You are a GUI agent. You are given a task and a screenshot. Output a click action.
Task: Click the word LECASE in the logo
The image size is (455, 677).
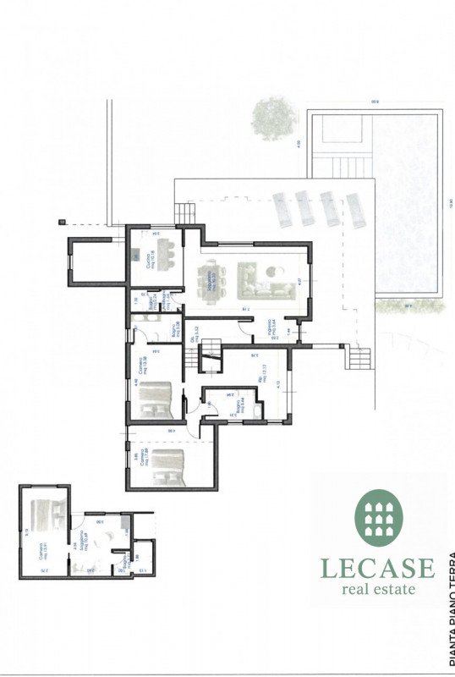376,568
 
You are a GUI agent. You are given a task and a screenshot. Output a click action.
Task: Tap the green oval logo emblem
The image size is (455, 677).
380,518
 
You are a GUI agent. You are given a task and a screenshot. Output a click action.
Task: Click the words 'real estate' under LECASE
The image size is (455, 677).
376,589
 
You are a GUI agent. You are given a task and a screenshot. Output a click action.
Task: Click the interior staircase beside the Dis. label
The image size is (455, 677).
195,362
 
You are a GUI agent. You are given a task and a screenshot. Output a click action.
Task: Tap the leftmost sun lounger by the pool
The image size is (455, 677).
281,208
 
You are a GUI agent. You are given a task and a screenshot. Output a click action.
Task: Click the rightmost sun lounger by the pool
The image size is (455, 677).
354,209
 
